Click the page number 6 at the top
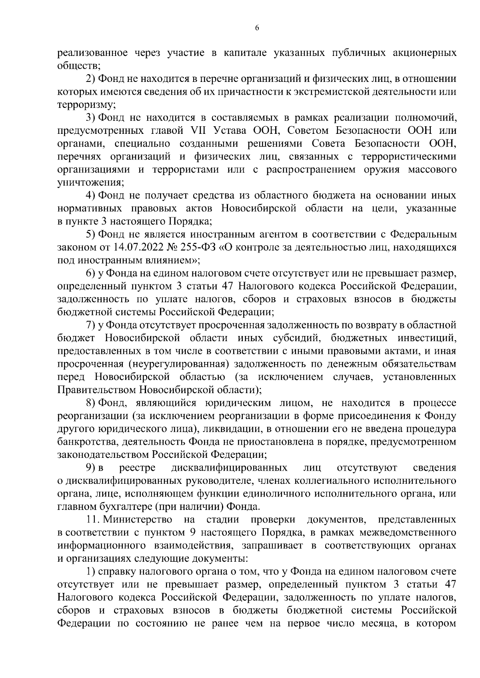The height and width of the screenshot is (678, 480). pyautogui.click(x=257, y=28)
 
